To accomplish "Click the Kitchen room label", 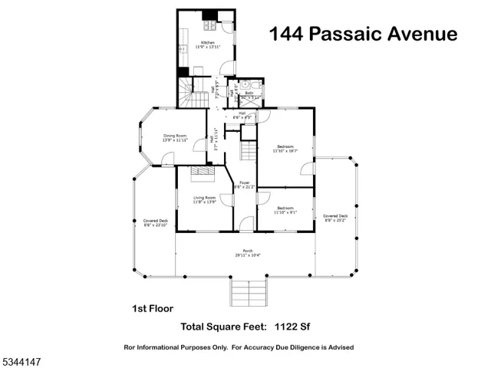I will click(x=207, y=44).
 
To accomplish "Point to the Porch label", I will click(x=247, y=252).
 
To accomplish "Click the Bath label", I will click(x=249, y=95).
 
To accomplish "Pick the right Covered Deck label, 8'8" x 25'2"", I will click(x=335, y=218).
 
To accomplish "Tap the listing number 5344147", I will click(x=23, y=359).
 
